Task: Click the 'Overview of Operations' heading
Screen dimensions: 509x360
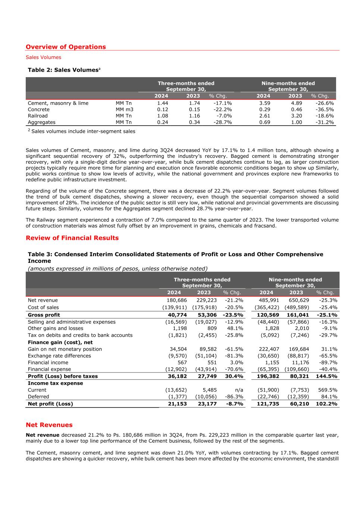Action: coord(66,47)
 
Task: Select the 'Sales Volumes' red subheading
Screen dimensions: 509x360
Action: coord(43,57)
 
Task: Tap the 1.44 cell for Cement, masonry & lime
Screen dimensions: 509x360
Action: coord(163,103)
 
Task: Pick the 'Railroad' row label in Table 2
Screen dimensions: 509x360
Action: coord(38,116)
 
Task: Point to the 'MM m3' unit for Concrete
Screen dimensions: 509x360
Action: coord(124,110)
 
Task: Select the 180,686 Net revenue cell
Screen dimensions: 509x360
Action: coord(176,300)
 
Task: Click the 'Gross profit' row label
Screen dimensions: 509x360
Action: coord(44,315)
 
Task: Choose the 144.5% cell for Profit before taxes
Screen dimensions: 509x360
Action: coord(326,376)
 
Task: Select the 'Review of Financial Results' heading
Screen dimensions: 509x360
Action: coord(72,238)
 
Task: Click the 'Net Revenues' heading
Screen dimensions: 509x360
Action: coord(49,425)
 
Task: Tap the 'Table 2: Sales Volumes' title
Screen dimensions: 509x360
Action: coord(64,70)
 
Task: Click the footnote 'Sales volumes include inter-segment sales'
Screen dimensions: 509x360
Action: coord(83,131)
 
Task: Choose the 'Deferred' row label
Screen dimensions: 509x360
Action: coord(38,397)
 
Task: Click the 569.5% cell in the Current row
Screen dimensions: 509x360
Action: coord(328,390)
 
